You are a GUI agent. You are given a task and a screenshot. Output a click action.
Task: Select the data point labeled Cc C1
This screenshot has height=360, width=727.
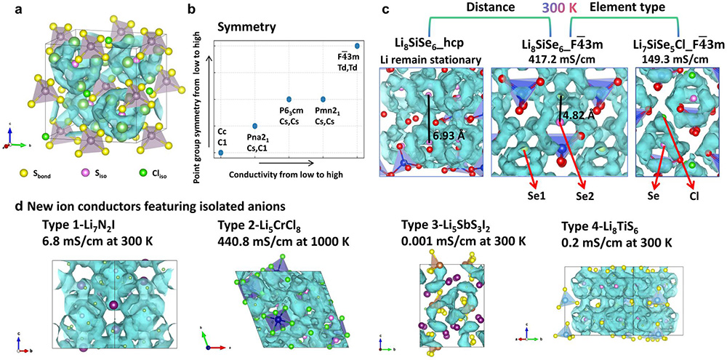[x=221, y=153]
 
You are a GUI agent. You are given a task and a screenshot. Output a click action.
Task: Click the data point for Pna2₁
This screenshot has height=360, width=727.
[x=254, y=126]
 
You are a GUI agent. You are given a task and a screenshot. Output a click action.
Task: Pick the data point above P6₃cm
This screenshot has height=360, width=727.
[x=289, y=98]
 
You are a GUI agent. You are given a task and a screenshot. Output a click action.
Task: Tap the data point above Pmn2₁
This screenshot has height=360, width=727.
[x=323, y=98]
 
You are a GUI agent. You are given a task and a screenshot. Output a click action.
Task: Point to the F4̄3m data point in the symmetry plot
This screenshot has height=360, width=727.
[x=357, y=46]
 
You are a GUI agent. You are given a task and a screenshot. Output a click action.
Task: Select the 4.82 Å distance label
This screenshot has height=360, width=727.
[x=577, y=114]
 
